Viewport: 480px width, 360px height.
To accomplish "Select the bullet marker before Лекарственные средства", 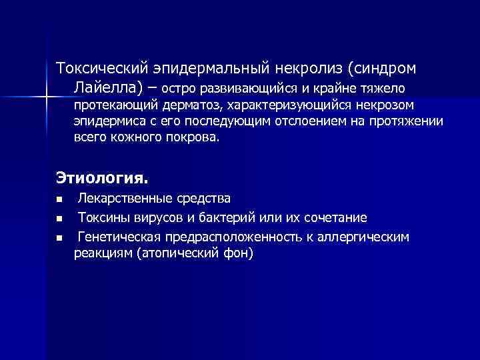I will click(59, 199).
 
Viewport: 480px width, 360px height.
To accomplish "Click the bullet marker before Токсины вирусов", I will click(59, 218).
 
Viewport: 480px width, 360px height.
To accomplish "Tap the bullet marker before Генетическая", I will click(59, 237).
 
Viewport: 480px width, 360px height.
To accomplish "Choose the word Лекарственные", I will click(123, 199).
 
